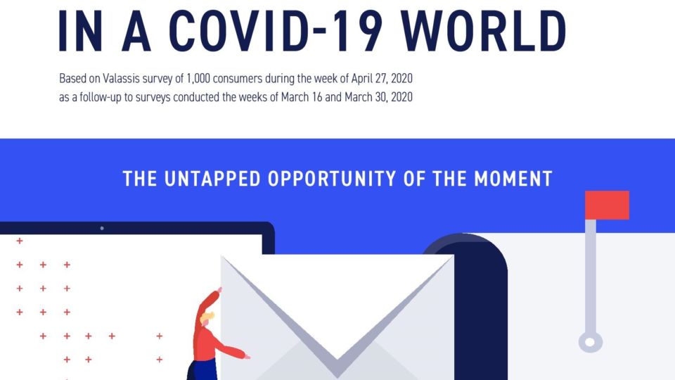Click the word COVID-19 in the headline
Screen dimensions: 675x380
(x=276, y=30)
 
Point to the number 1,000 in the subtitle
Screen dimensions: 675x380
(x=198, y=79)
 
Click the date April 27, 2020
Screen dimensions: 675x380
(x=381, y=79)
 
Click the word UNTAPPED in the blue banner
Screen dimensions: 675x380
(x=212, y=179)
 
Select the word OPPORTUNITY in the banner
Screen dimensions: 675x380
(x=331, y=179)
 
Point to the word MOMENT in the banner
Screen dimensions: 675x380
(x=513, y=179)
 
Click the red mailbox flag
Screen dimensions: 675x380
(x=607, y=205)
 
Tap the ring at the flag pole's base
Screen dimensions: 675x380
(x=590, y=343)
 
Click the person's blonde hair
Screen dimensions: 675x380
(x=207, y=318)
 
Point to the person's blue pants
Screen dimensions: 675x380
(x=202, y=371)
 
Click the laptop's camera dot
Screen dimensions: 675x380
(x=101, y=228)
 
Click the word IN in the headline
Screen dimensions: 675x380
(x=80, y=30)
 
